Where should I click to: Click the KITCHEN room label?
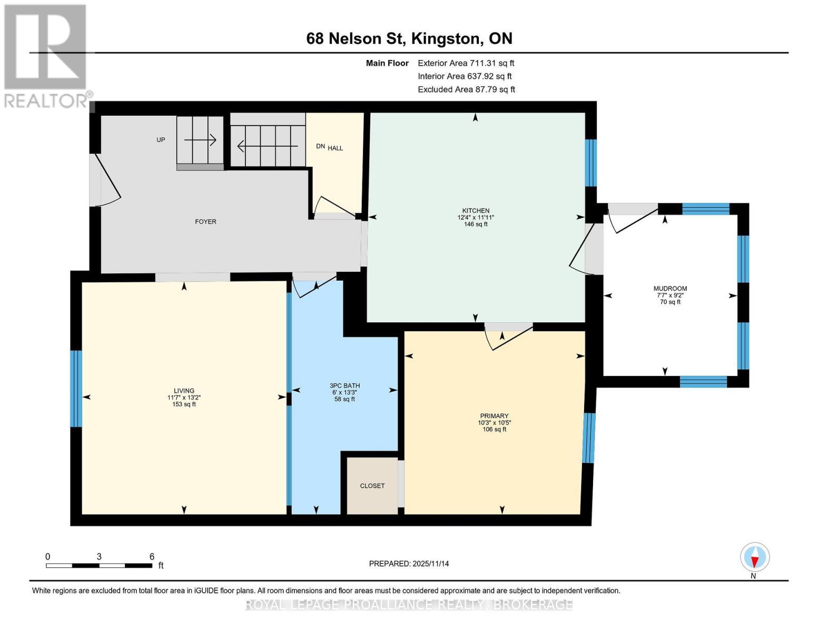point(476,211)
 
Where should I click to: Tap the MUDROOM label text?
point(670,288)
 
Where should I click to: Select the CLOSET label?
point(372,486)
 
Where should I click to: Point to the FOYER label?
point(205,222)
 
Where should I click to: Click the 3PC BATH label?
point(344,386)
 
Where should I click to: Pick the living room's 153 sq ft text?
point(184,404)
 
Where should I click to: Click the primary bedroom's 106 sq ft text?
point(494,429)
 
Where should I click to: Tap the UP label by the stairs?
point(161,140)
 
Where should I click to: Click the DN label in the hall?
point(320,146)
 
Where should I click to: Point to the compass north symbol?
point(755,557)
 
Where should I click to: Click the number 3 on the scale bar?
point(99,556)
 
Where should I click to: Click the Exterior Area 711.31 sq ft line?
point(466,63)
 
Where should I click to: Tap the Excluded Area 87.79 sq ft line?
point(466,90)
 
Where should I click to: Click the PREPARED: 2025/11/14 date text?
point(409,564)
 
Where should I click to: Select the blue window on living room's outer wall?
point(76,389)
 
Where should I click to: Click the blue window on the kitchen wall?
point(591,163)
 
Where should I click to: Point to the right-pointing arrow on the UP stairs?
point(200,140)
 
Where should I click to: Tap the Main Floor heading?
point(387,63)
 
